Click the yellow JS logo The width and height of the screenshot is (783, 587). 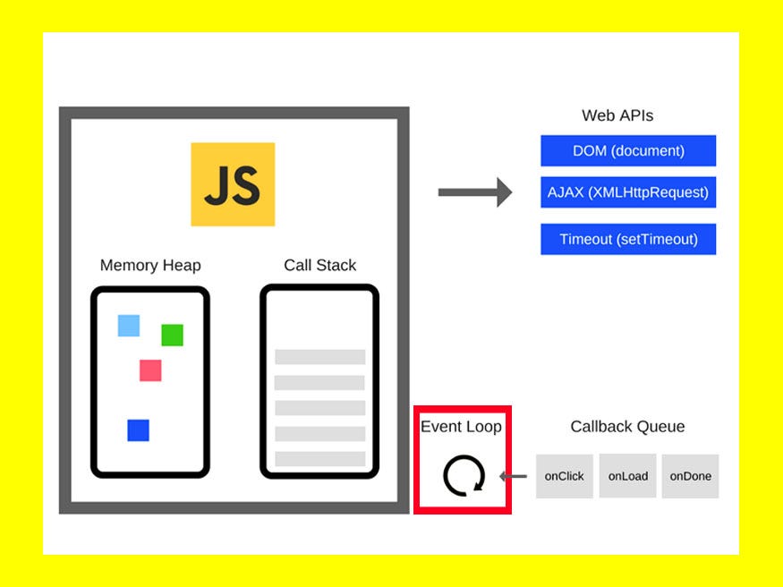click(x=233, y=183)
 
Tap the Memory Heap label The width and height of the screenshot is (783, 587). click(x=150, y=265)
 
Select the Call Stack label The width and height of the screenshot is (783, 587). click(x=319, y=265)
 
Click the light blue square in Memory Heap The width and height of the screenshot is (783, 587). click(x=129, y=326)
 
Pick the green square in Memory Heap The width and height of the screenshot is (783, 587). click(x=172, y=336)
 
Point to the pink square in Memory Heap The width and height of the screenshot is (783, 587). click(x=150, y=370)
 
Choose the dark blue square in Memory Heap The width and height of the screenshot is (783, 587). click(x=138, y=430)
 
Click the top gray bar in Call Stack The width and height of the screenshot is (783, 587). click(x=319, y=356)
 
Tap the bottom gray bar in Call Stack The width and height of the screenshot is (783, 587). click(x=319, y=459)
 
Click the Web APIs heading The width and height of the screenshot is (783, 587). click(x=617, y=115)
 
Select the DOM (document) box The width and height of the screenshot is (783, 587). click(x=628, y=150)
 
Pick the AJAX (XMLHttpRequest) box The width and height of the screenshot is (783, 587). click(x=628, y=191)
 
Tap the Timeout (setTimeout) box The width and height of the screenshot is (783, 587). click(x=628, y=239)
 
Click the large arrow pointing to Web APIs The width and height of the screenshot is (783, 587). click(x=474, y=192)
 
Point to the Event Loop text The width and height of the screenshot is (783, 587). click(x=461, y=427)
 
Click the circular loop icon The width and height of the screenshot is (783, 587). click(x=464, y=475)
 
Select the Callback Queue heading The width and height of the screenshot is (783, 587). click(x=627, y=427)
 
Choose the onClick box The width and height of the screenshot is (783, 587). click(x=564, y=476)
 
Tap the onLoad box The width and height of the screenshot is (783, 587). click(x=627, y=476)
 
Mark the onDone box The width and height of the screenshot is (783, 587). click(x=690, y=476)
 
